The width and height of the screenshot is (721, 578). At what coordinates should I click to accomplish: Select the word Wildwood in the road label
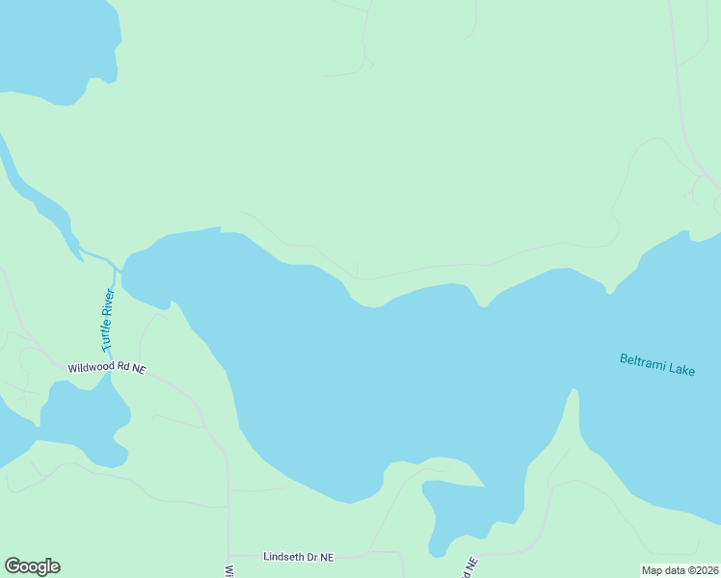(x=91, y=368)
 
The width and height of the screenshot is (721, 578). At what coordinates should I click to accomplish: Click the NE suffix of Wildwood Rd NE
(x=139, y=369)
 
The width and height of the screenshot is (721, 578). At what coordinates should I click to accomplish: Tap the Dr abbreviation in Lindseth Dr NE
(x=312, y=557)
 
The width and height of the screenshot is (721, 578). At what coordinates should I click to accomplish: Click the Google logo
(x=32, y=566)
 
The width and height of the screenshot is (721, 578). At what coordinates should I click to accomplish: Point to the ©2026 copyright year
(x=702, y=570)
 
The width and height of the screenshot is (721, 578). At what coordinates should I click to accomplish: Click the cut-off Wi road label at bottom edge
(x=230, y=570)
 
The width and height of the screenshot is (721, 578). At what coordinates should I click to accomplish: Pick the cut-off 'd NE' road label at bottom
(x=470, y=568)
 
